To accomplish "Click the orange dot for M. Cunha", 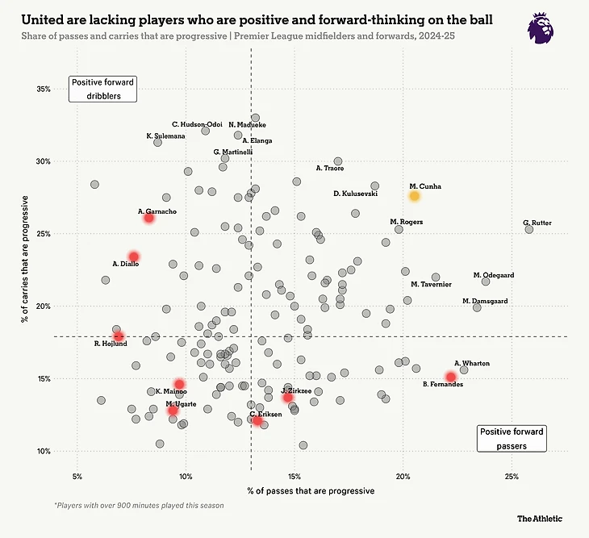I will click(x=414, y=196).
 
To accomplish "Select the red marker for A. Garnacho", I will click(x=148, y=218).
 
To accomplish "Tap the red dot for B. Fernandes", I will click(x=450, y=377).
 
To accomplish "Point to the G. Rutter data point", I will click(x=529, y=229).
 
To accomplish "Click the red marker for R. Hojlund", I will click(x=119, y=336).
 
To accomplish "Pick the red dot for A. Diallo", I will click(x=134, y=256).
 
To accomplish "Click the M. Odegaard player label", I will click(x=493, y=275).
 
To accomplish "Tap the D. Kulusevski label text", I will click(x=355, y=194).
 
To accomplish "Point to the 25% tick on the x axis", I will click(x=512, y=476).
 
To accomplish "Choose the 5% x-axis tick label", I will click(x=77, y=476).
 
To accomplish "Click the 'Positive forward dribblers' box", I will click(x=102, y=88).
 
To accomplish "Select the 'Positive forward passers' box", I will click(x=512, y=438).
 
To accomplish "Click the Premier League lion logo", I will click(x=540, y=27).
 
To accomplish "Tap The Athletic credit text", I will click(x=540, y=519).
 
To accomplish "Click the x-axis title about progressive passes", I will click(x=311, y=490).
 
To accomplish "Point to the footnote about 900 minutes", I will click(x=138, y=506).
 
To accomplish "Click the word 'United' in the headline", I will click(x=43, y=18).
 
